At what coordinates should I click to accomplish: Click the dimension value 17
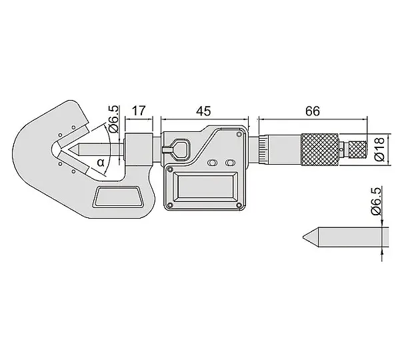139,111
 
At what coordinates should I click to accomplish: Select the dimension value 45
203,111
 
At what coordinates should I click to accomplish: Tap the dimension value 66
313,111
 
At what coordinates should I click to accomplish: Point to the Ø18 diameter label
379,149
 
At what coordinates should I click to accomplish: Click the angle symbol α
101,162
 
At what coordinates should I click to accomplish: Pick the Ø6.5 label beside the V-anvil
114,119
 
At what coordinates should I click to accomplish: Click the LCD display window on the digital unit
206,186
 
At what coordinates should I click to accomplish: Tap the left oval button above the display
212,163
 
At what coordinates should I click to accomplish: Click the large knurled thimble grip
320,149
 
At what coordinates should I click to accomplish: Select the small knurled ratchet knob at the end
357,149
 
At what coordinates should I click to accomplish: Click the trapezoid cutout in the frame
118,197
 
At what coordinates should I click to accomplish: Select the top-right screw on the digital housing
239,135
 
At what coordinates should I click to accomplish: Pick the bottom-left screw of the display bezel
169,205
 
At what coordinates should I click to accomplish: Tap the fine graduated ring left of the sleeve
263,149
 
